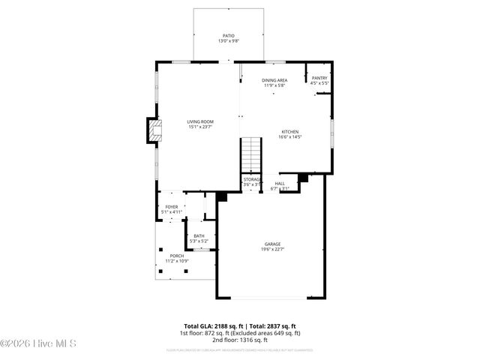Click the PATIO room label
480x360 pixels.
click(229, 36)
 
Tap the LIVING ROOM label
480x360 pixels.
click(200, 121)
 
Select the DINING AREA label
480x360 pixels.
click(274, 80)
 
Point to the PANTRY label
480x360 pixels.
click(319, 77)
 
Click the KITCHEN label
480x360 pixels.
click(289, 131)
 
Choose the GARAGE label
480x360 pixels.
click(273, 244)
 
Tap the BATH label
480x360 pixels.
click(199, 236)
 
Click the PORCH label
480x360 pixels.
click(176, 256)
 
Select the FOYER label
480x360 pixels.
click(172, 207)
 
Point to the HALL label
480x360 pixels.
click(280, 183)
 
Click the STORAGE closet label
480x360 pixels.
click(252, 180)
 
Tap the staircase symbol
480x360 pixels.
click(250, 155)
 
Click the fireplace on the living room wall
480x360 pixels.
click(154, 130)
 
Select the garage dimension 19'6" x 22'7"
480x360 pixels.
click(273, 250)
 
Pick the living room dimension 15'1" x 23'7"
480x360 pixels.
click(200, 127)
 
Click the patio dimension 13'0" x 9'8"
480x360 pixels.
click(229, 41)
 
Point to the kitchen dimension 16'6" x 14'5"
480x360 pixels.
click(289, 136)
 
